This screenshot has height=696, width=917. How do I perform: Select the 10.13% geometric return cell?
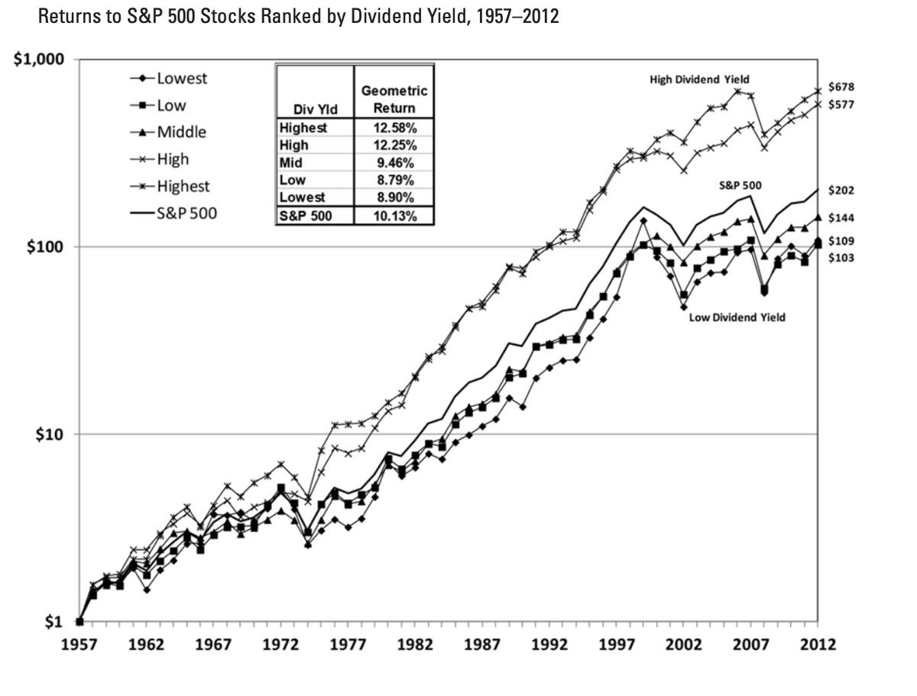(394, 216)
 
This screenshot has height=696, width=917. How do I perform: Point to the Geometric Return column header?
(394, 99)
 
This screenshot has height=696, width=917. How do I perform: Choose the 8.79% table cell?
(394, 180)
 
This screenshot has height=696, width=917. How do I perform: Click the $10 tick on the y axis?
(55, 434)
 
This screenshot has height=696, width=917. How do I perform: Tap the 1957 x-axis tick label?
(79, 644)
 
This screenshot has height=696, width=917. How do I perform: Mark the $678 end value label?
(841, 87)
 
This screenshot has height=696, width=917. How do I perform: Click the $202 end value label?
(841, 190)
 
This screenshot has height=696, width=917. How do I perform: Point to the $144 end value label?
(841, 218)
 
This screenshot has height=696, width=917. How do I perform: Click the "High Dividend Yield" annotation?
(700, 79)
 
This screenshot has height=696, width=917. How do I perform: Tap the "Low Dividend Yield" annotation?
(737, 317)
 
